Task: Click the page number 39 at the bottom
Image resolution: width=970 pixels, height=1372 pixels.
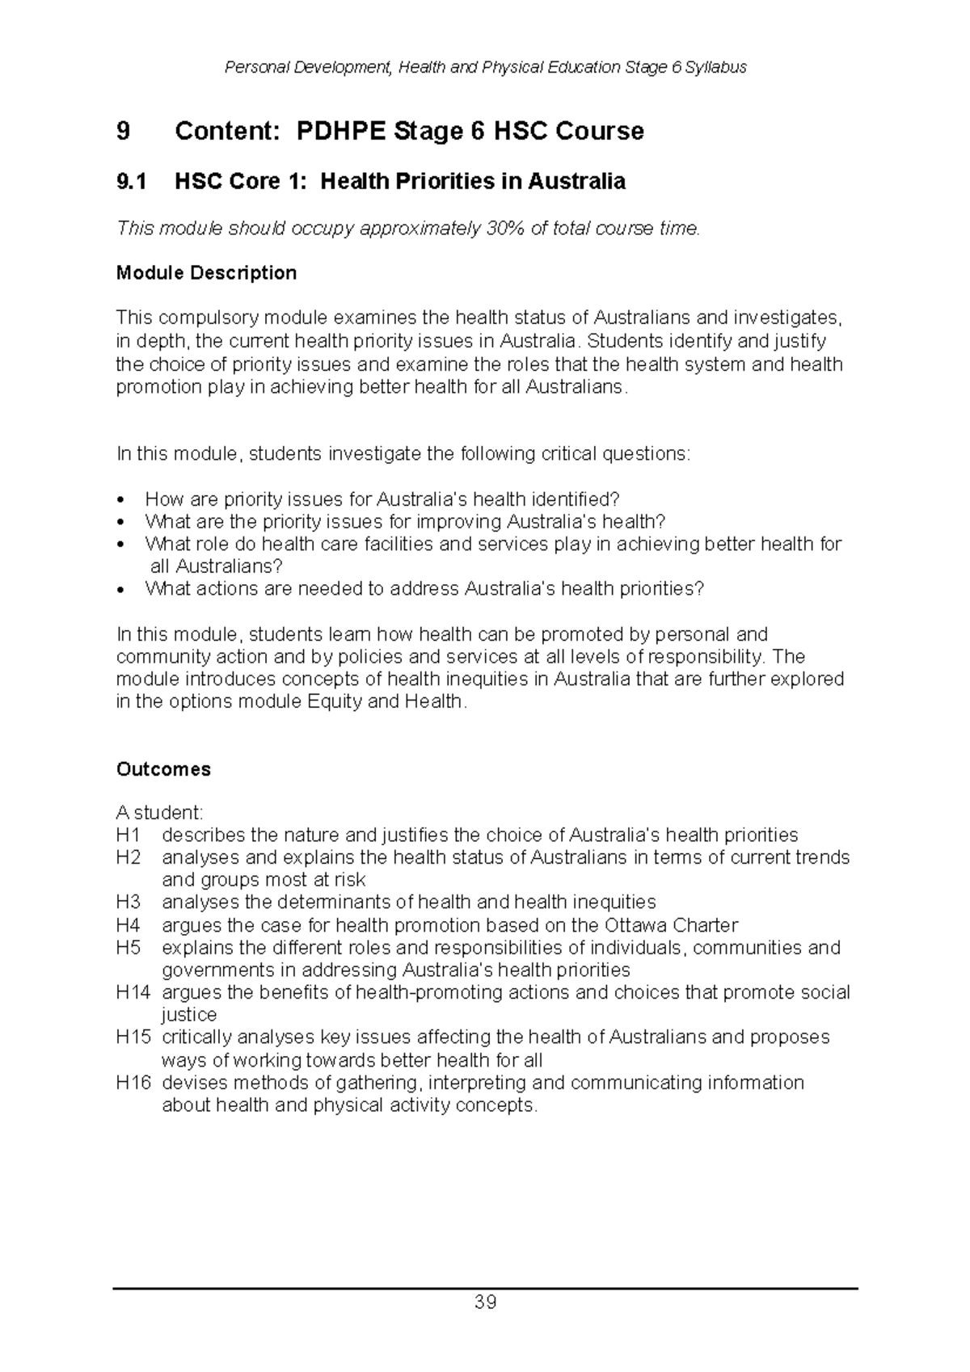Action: click(x=485, y=1303)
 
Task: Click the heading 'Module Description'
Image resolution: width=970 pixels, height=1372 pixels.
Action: click(x=206, y=273)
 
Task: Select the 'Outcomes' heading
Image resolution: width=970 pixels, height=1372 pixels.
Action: click(x=163, y=769)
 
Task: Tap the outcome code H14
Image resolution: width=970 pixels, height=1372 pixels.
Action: click(x=133, y=992)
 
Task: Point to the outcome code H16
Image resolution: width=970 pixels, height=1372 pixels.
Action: click(x=133, y=1083)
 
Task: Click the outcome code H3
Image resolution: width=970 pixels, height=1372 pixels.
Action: click(x=129, y=902)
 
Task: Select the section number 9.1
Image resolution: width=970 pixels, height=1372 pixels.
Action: click(x=132, y=181)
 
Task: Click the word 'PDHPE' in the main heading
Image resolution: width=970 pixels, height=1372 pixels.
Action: click(x=340, y=131)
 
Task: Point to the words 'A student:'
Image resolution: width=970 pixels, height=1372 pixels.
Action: click(x=160, y=812)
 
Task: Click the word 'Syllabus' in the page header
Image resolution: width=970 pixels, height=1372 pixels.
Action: click(x=715, y=67)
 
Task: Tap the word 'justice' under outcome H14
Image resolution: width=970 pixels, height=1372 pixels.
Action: click(x=189, y=1015)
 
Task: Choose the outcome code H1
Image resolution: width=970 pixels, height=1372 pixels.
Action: click(x=129, y=835)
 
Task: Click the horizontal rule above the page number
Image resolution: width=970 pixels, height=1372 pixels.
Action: click(x=485, y=1288)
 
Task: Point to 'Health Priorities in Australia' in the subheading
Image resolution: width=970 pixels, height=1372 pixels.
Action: click(x=472, y=181)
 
